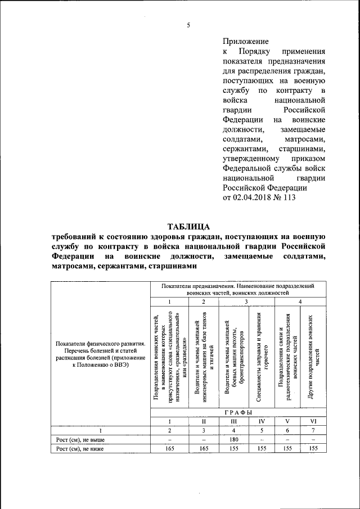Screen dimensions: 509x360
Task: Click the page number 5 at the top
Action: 189,25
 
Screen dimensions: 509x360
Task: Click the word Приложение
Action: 245,41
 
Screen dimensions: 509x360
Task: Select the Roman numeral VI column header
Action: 313,421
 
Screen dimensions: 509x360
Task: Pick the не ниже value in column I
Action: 163,448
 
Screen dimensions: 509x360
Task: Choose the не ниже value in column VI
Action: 313,448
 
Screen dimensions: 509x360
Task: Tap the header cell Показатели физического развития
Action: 100,353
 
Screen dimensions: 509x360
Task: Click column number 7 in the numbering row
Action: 313,430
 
